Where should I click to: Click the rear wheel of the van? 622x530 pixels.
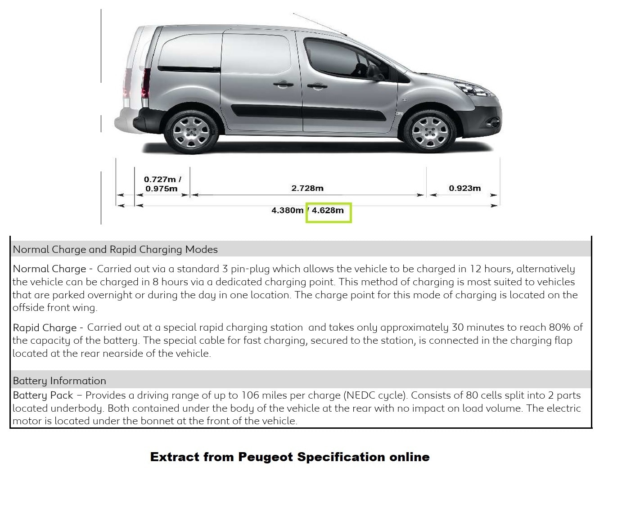tap(192, 131)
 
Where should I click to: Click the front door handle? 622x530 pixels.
tap(317, 85)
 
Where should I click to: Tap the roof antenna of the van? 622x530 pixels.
tap(320, 24)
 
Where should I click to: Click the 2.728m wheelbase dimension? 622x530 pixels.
tap(307, 188)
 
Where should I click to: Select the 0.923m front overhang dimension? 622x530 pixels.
tap(464, 188)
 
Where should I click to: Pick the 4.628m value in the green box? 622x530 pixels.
tap(328, 211)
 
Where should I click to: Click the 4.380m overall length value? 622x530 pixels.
tap(287, 211)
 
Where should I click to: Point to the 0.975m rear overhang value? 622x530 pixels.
tap(161, 189)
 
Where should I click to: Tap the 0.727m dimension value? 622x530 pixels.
tap(160, 180)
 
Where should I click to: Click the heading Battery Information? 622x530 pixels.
tap(59, 381)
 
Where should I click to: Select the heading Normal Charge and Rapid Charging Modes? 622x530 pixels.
tap(115, 249)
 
